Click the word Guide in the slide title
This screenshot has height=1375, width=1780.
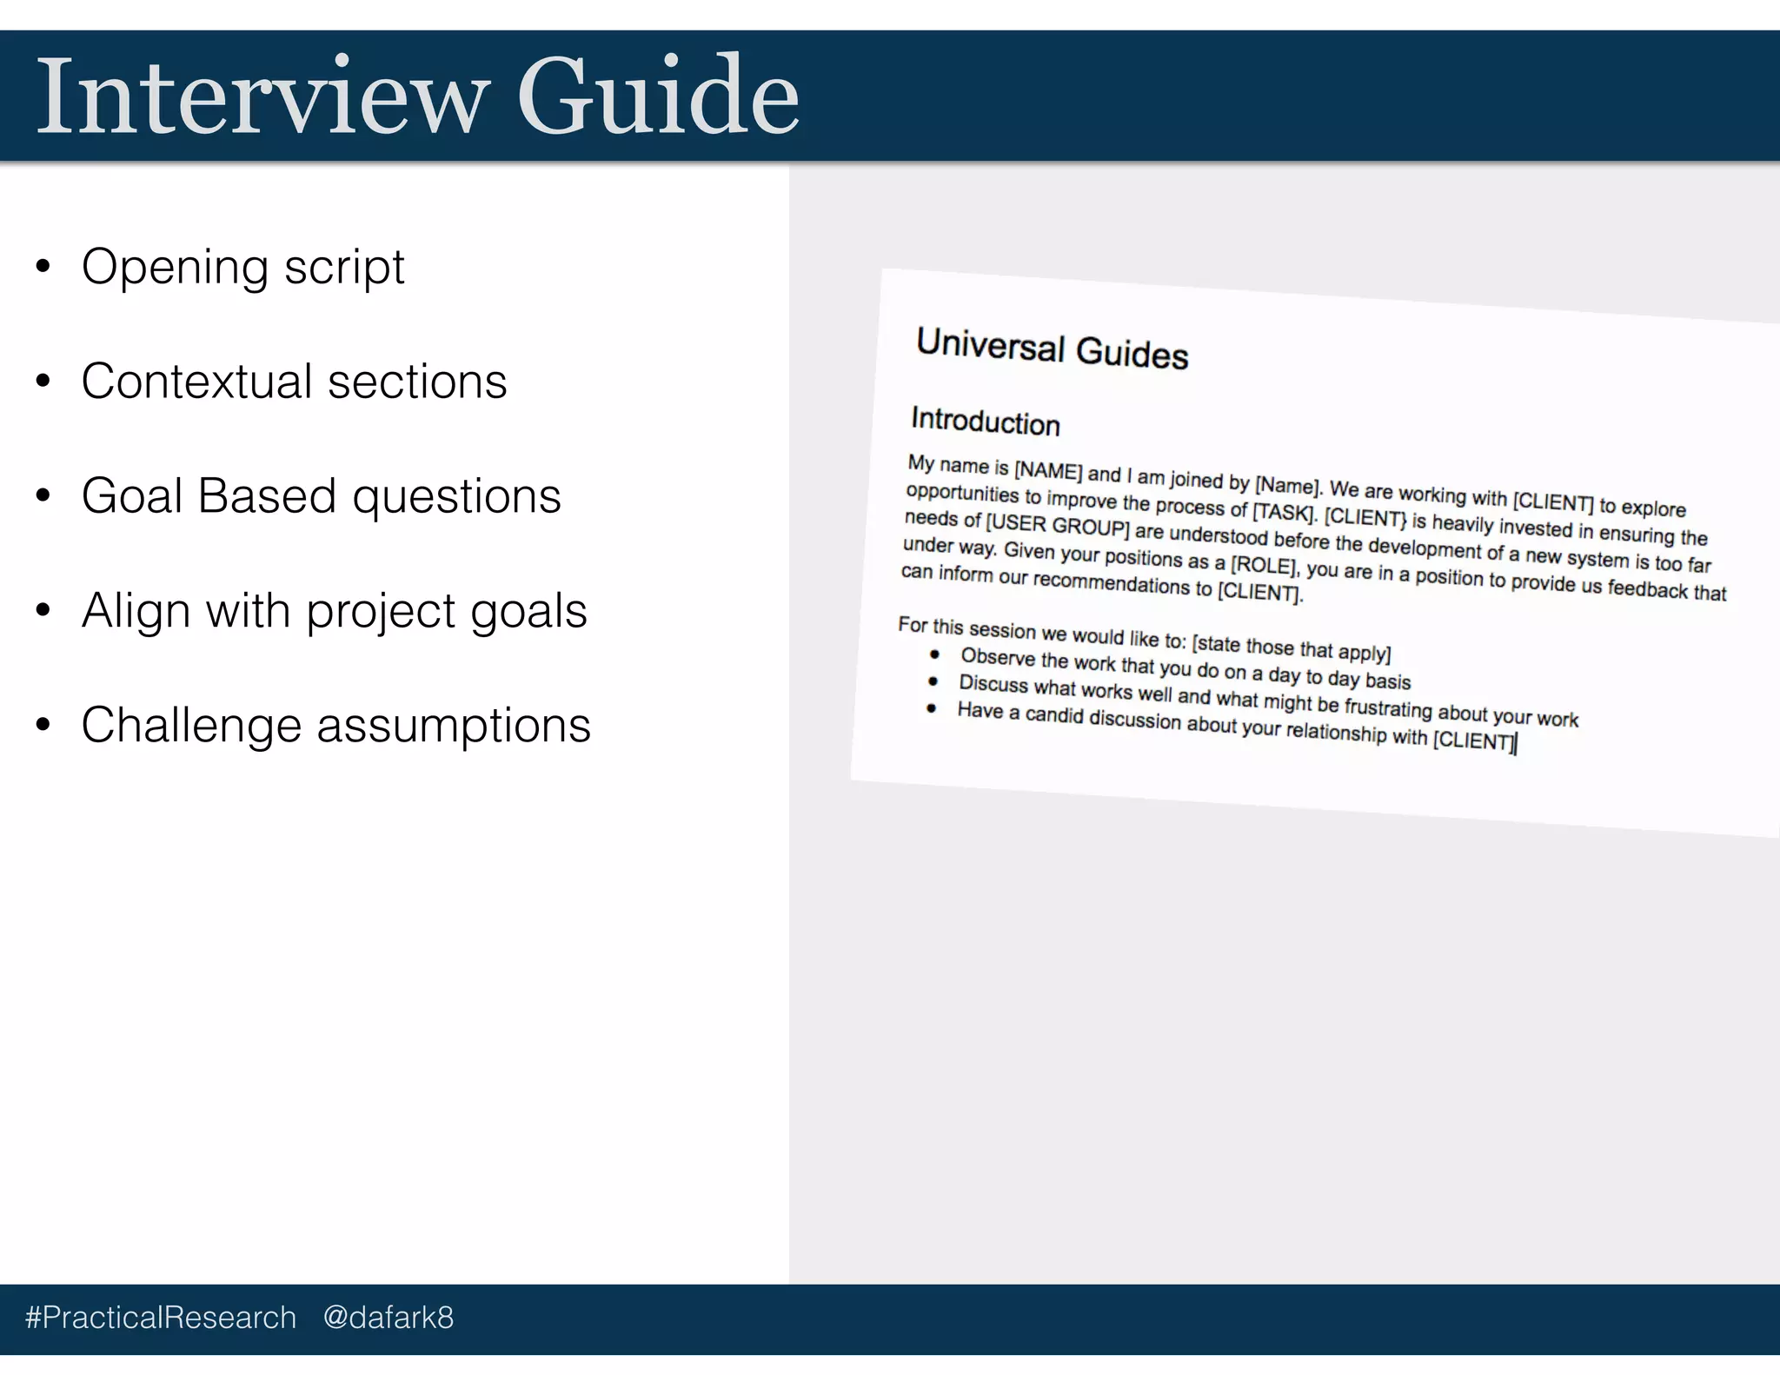[x=658, y=96]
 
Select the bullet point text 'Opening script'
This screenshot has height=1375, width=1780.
[x=242, y=267]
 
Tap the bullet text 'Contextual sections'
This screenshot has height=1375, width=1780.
[x=294, y=382]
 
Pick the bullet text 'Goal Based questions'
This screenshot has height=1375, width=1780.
[x=321, y=496]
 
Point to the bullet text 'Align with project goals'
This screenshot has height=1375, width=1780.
[x=334, y=611]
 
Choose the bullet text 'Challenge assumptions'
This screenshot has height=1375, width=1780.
[x=335, y=726]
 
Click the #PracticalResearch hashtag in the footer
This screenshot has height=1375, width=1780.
[x=161, y=1318]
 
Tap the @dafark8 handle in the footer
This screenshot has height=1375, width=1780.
[x=388, y=1318]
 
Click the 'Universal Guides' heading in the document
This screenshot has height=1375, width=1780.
[x=1052, y=349]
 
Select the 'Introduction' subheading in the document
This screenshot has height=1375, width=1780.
[x=985, y=422]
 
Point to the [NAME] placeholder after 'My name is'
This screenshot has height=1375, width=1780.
[x=1048, y=472]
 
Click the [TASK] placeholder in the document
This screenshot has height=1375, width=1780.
[x=1285, y=511]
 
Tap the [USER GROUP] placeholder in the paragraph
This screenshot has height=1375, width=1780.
[x=1057, y=525]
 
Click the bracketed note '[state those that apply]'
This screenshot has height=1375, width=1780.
[x=1292, y=648]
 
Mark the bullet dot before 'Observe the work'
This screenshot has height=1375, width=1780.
[x=935, y=654]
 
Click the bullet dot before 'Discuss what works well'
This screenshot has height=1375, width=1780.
[x=933, y=681]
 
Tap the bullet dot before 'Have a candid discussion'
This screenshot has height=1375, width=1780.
[x=932, y=708]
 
